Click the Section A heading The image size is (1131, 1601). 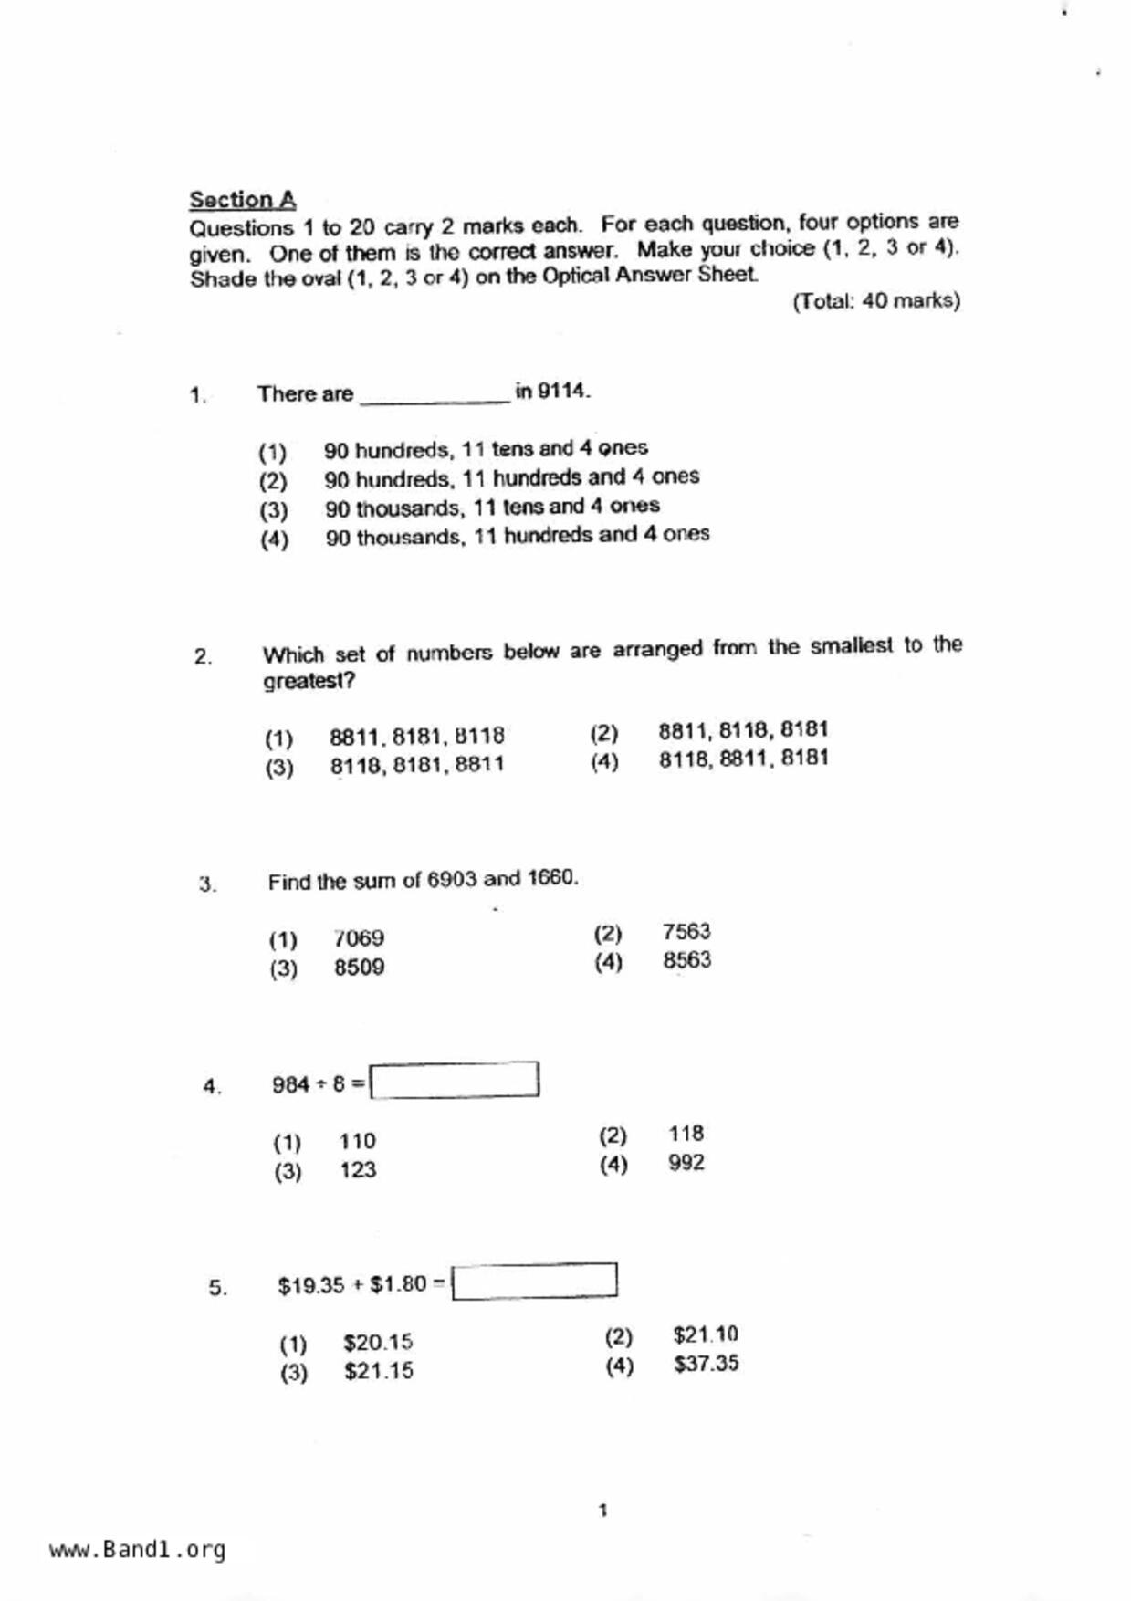tap(242, 200)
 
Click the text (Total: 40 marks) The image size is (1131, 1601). tap(875, 301)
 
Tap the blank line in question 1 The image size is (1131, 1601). tap(435, 394)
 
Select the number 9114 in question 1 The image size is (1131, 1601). tap(562, 392)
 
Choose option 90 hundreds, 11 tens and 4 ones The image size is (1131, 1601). tap(486, 449)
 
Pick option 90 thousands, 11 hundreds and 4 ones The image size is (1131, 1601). tap(517, 536)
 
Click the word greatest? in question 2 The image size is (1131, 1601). tap(309, 682)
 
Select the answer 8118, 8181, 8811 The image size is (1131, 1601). tap(416, 765)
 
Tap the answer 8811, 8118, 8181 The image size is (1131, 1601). tap(743, 730)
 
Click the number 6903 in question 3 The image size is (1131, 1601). tap(452, 880)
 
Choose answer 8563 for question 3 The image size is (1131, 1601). tap(686, 960)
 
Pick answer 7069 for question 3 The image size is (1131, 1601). tap(359, 938)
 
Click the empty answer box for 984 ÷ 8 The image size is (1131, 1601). tap(455, 1081)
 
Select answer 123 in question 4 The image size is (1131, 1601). tap(358, 1170)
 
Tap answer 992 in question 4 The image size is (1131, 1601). tap(686, 1163)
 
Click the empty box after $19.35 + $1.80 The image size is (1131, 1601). tap(534, 1281)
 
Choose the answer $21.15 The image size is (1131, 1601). tap(378, 1371)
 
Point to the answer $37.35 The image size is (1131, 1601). tap(706, 1364)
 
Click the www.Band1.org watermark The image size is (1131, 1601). tap(138, 1550)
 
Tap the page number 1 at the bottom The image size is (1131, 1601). tap(602, 1511)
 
